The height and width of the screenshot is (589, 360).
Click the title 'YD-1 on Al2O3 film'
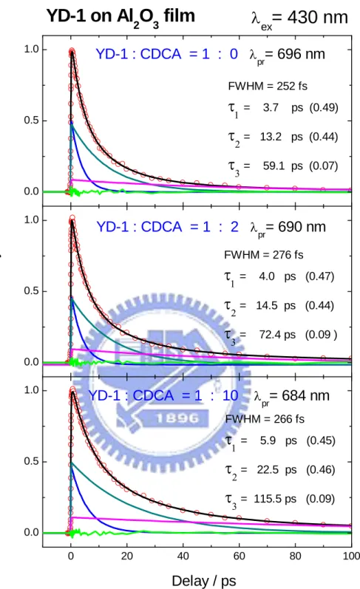click(120, 17)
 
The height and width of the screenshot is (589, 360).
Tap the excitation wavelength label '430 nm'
click(318, 17)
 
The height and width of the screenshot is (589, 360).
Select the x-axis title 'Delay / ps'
click(204, 580)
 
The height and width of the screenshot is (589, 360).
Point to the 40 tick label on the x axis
click(183, 556)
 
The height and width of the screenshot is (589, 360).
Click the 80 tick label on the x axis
click(295, 556)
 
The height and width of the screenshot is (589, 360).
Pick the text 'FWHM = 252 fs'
click(268, 86)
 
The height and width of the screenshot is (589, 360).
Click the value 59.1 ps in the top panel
click(282, 166)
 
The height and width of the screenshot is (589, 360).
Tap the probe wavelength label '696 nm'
click(301, 54)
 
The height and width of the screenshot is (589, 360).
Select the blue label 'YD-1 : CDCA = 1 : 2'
click(168, 227)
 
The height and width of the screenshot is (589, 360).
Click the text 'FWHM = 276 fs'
click(264, 255)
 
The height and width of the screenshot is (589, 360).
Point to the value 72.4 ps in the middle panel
click(277, 334)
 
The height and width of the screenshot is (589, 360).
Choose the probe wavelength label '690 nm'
click(302, 227)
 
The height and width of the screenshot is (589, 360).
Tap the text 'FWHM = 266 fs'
click(265, 419)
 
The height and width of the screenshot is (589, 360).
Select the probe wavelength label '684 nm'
click(305, 395)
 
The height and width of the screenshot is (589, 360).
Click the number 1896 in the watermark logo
click(177, 418)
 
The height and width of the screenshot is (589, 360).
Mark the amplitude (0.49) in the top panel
click(324, 107)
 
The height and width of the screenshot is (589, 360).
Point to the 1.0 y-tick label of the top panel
click(32, 50)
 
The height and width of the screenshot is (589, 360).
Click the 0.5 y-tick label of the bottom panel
click(32, 461)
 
